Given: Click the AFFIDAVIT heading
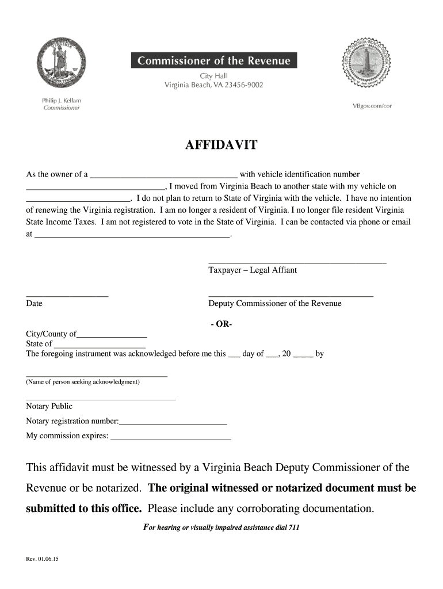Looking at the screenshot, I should (221, 145).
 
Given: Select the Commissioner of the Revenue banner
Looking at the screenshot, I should (214, 60).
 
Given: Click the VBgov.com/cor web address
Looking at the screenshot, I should (372, 106).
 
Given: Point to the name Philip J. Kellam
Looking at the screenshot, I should (62, 101).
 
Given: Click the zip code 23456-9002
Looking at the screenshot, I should (244, 85).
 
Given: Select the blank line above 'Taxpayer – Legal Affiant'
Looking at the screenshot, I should (297, 262).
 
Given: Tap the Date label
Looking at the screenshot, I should (34, 304).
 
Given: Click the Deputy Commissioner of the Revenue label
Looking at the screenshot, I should (274, 304).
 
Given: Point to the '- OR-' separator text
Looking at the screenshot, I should (221, 324).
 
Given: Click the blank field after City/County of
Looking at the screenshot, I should (112, 335).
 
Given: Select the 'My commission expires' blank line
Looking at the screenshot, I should (170, 438).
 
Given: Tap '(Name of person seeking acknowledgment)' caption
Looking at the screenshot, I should (83, 382).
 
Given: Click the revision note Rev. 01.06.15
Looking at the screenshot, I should (42, 559).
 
